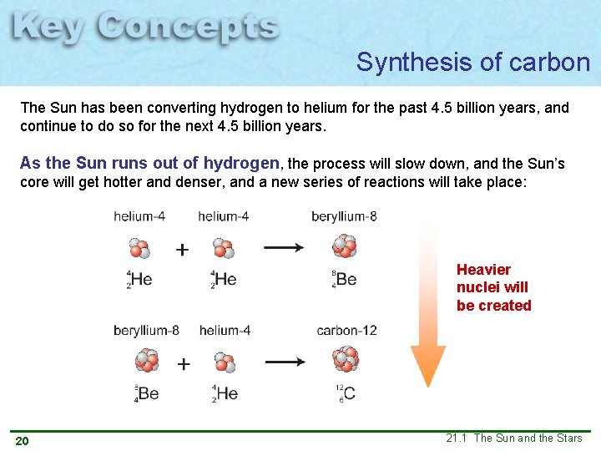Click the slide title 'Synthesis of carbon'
point(472,62)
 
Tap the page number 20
point(22,441)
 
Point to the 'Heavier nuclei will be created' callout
point(493,287)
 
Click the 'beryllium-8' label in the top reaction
point(344,217)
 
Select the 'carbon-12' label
point(346,331)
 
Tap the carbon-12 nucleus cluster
point(345,360)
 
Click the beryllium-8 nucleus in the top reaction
point(344,246)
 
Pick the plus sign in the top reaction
point(182,249)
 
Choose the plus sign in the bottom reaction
point(184,363)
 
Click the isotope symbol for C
point(346,393)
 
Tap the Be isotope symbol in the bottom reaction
point(146,393)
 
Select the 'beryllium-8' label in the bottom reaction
point(146,331)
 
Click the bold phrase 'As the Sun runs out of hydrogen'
point(151,163)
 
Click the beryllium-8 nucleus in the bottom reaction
point(147,361)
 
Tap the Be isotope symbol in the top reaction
point(343,278)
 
